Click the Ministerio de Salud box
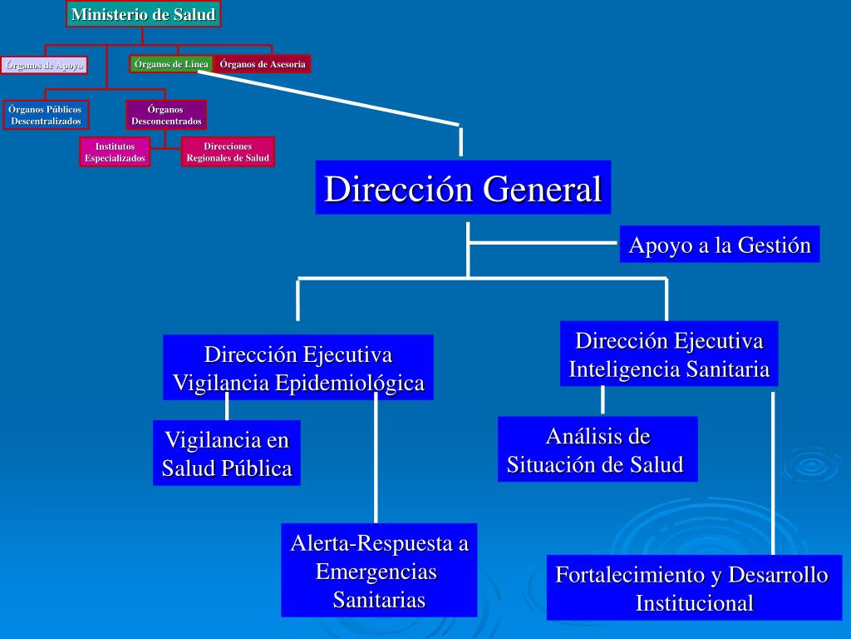143,14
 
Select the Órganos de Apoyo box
44,65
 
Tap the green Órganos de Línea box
171,64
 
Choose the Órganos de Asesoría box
263,64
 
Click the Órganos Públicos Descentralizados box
45,115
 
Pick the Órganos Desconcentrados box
166,115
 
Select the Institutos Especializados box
115,152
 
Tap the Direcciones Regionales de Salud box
228,152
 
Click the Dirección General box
463,188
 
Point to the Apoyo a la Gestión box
719,245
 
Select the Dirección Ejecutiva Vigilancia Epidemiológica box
298,368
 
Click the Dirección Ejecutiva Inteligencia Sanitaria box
669,354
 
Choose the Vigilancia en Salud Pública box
227,453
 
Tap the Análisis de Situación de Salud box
597,449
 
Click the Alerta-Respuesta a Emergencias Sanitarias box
379,571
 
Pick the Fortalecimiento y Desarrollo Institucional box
692,587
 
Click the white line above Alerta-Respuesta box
376,458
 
